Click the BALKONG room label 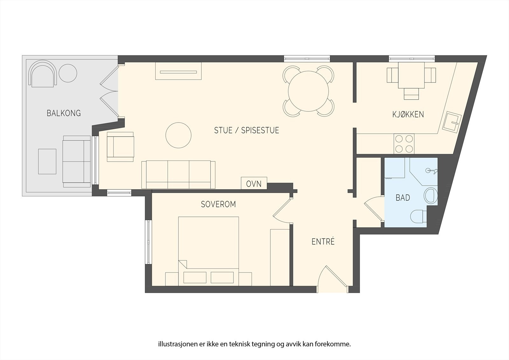(64, 113)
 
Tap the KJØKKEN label (408, 114)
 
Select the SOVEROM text (218, 204)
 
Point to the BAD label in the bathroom (403, 198)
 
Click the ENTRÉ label (323, 242)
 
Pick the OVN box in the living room (254, 183)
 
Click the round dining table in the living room (308, 91)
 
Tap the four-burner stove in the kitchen (404, 144)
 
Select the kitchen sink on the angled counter (452, 122)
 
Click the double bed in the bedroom (208, 251)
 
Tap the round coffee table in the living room (178, 135)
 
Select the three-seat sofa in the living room (178, 174)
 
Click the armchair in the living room (120, 147)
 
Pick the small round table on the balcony (68, 73)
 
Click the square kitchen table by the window (411, 75)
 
